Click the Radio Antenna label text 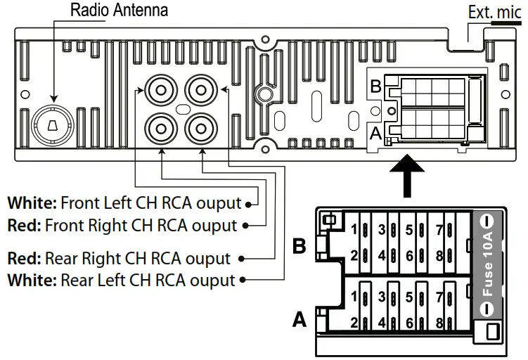pyautogui.click(x=120, y=11)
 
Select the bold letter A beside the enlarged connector pyautogui.click(x=299, y=321)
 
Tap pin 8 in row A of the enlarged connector pyautogui.click(x=439, y=324)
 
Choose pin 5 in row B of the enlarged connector pyautogui.click(x=408, y=230)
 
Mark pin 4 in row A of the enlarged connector pyautogui.click(x=382, y=324)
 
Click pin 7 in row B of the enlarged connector pyautogui.click(x=439, y=230)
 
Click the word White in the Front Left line pyautogui.click(x=31, y=204)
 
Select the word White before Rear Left pyautogui.click(x=31, y=281)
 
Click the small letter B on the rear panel pyautogui.click(x=375, y=87)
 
